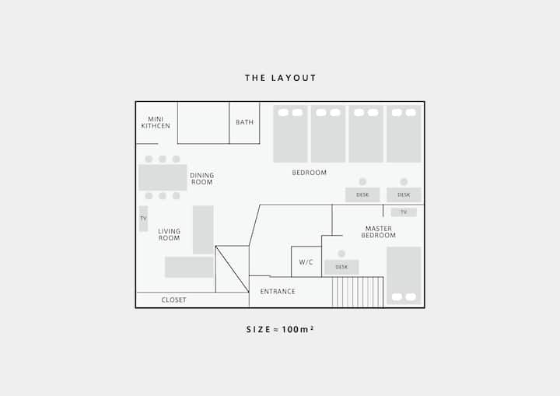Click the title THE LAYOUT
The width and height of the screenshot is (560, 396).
coord(280,78)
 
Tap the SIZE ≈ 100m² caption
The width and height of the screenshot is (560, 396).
coord(280,329)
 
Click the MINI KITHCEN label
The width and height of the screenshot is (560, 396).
coord(156,122)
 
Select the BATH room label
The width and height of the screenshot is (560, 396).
coord(245,122)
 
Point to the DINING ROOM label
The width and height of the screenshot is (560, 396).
coord(201,179)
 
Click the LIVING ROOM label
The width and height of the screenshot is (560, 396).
coord(169,234)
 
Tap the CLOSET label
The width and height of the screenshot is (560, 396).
coord(173,300)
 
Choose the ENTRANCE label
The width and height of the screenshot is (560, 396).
coord(278,291)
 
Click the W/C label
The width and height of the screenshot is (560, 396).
coord(306,262)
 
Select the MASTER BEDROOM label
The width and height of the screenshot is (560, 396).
coord(378,232)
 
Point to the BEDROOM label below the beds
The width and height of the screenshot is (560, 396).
coord(310,173)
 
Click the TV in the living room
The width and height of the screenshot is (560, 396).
coord(143,219)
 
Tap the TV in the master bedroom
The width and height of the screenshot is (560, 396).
coord(404,212)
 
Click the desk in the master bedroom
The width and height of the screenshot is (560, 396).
coord(341,267)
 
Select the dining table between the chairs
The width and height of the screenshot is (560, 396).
coord(163,177)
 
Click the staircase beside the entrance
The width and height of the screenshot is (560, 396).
coord(358,292)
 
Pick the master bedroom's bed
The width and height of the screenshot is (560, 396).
coord(404,275)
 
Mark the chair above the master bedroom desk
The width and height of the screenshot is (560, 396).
coord(341,254)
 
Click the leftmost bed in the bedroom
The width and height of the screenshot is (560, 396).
coord(290,134)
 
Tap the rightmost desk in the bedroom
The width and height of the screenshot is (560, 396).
coord(404,194)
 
